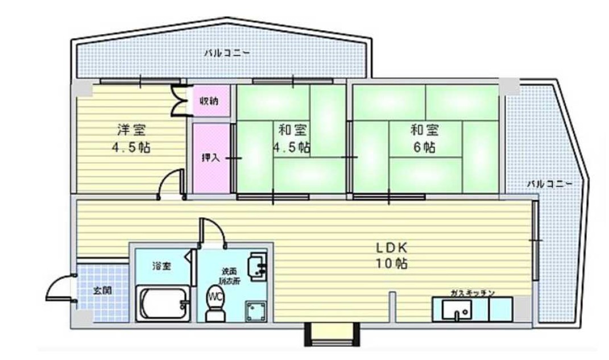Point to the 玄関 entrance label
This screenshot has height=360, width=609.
click(x=102, y=290)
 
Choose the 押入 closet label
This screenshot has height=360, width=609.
click(x=210, y=158)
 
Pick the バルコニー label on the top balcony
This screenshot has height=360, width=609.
click(x=222, y=54)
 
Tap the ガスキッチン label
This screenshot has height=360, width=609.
click(x=472, y=292)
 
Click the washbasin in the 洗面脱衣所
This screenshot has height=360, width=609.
click(x=257, y=266)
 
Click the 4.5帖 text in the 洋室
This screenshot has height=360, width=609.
click(x=130, y=148)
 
